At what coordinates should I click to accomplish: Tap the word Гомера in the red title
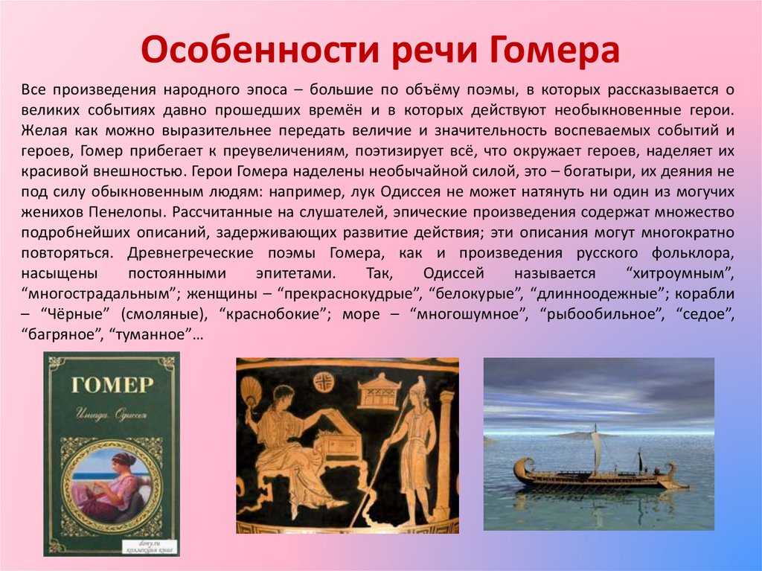click(x=554, y=50)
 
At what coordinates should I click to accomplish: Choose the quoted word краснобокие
click(x=275, y=315)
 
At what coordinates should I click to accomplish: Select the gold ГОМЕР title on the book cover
click(x=112, y=385)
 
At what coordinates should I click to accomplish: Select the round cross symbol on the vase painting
click(x=322, y=382)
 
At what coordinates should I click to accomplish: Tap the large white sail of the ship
click(x=596, y=452)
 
